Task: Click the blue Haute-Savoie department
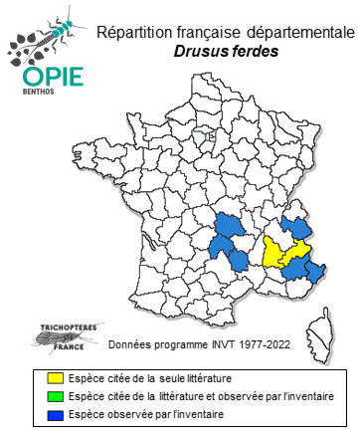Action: (x=296, y=228)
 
